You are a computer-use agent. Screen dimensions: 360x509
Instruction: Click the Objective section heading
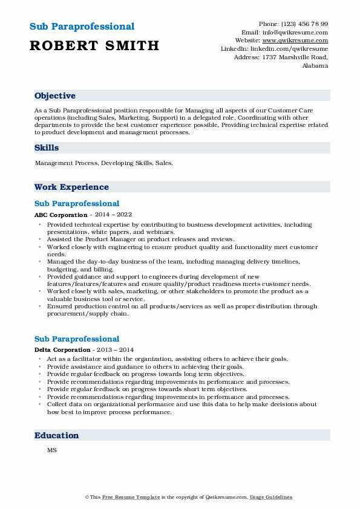(55, 96)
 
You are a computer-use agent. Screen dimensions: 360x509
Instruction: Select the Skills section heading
(47, 148)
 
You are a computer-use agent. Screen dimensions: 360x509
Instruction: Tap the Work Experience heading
(71, 187)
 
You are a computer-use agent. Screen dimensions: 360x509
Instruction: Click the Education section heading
(57, 435)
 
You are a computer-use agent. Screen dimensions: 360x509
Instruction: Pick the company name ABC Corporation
(61, 215)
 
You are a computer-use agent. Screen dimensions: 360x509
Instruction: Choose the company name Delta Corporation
(62, 350)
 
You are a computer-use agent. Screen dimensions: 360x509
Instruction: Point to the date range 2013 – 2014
(116, 350)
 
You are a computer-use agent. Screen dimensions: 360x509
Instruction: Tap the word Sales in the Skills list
(164, 163)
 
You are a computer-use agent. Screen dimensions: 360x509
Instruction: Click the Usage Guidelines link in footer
(272, 497)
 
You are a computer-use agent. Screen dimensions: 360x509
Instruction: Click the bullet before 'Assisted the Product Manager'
(40, 239)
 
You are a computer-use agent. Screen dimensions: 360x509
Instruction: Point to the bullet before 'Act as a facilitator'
(40, 358)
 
